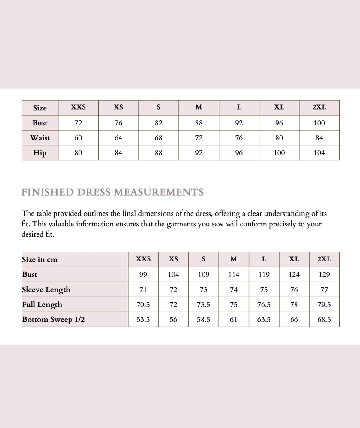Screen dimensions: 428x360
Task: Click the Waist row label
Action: [x=40, y=138]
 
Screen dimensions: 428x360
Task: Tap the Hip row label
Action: [x=40, y=153]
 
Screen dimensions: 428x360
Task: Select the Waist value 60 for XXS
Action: [x=78, y=138]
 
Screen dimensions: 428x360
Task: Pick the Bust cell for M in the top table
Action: [x=199, y=123]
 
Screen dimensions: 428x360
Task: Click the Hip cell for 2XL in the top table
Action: [x=319, y=153]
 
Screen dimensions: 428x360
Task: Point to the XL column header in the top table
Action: [x=279, y=107]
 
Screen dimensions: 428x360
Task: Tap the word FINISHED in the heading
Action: [x=48, y=192]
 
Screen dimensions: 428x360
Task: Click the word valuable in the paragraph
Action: [x=61, y=224]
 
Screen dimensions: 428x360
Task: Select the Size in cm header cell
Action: [x=40, y=260]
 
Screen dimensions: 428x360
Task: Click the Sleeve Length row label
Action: [x=46, y=290]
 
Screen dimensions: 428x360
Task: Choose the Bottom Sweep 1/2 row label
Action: [x=53, y=320]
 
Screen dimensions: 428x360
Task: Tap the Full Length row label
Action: [x=42, y=305]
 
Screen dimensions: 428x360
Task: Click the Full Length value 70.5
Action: [x=143, y=305]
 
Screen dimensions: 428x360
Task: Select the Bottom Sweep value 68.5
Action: [x=324, y=320]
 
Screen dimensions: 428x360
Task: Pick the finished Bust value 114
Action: [x=234, y=274]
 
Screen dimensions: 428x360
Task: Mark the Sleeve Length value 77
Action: [x=324, y=290]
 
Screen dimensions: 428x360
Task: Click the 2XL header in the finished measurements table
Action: [x=324, y=259]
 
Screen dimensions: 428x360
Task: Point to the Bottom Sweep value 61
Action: [x=234, y=320]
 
